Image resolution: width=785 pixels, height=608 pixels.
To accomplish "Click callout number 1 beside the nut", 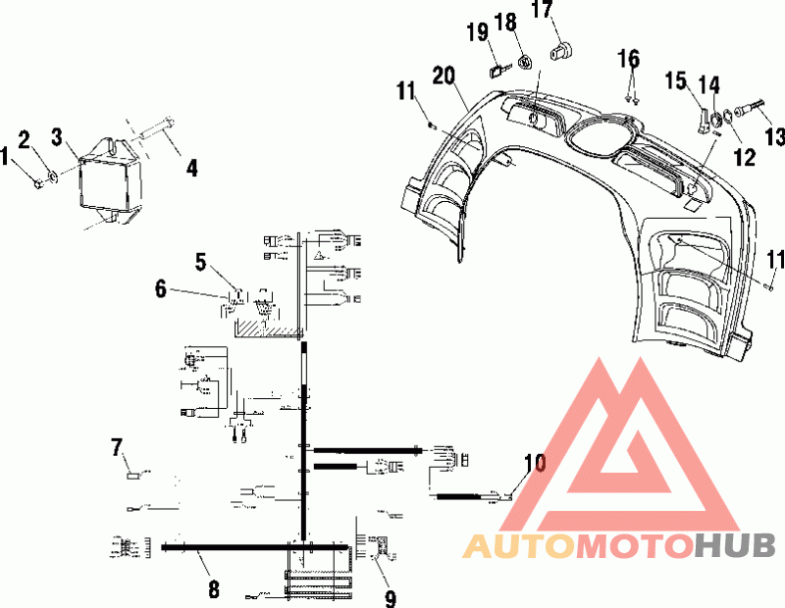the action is [5, 156].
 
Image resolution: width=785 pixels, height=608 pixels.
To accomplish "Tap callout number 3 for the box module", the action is [57, 137].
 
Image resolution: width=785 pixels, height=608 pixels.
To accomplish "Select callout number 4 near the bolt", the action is [191, 167].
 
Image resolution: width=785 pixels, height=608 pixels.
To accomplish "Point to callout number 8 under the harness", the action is [214, 588].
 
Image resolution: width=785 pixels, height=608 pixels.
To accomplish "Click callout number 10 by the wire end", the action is [535, 463].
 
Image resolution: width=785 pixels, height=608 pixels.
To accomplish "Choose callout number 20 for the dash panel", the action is [445, 76].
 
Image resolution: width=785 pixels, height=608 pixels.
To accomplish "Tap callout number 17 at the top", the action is [542, 9].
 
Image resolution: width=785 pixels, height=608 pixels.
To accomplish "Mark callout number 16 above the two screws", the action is [629, 59].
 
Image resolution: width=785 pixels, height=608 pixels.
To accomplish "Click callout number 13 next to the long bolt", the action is [775, 136].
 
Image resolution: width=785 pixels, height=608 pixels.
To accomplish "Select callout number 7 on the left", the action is [117, 447].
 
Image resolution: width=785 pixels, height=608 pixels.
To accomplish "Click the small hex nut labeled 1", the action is [37, 184].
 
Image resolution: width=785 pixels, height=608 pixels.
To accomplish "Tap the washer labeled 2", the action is [52, 176].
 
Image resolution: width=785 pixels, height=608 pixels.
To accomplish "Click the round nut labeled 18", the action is [525, 63].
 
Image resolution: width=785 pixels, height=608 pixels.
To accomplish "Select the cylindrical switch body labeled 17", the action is [561, 51].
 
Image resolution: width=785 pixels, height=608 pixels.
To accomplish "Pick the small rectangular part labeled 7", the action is [134, 476].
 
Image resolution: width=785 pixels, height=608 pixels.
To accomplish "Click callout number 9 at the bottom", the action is [391, 598].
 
